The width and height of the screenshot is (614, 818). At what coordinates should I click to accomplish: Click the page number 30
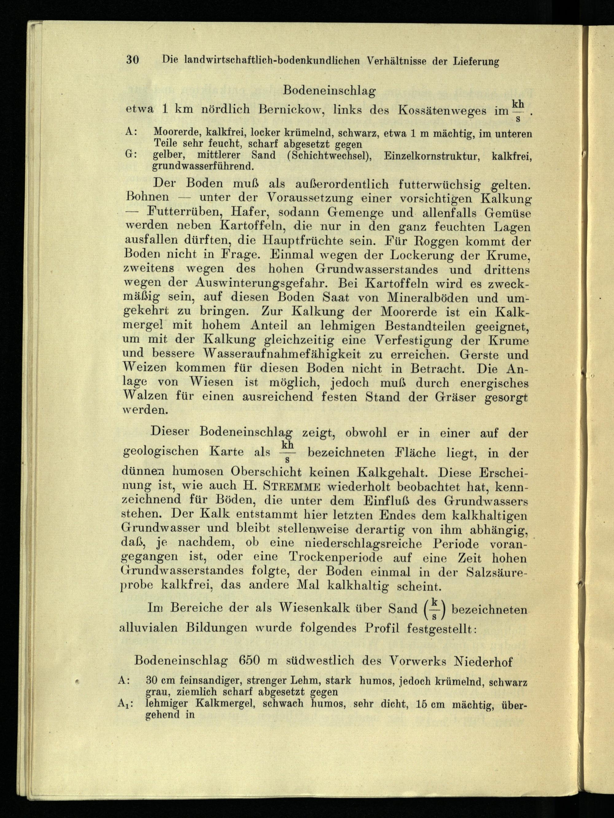[x=132, y=59]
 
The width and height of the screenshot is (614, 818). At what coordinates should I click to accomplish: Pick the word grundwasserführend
[x=202, y=166]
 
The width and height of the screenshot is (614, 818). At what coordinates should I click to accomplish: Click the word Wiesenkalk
[x=313, y=608]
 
